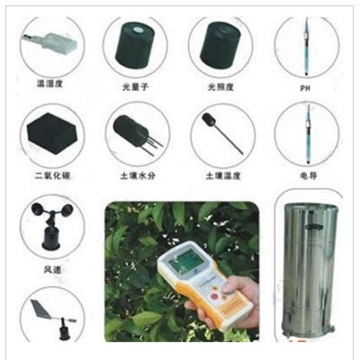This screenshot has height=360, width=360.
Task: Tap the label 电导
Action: [x=304, y=177]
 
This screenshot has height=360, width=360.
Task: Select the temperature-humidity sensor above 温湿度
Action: [x=49, y=40]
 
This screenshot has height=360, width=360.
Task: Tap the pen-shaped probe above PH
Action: [x=304, y=45]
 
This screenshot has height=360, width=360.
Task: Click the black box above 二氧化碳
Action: [x=50, y=135]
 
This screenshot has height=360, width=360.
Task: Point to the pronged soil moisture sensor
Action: [x=133, y=134]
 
